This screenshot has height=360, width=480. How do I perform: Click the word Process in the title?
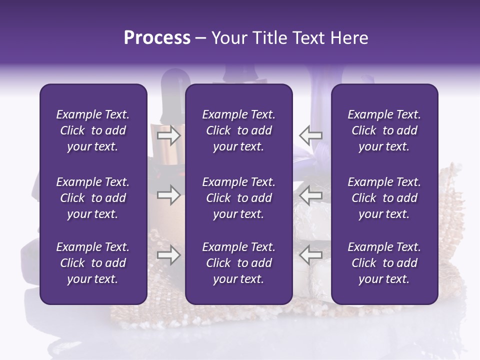[x=157, y=38]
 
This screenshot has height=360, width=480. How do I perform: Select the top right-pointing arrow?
[x=169, y=135]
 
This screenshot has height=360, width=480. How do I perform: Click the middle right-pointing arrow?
[x=169, y=195]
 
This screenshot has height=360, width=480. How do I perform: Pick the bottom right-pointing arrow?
[x=169, y=255]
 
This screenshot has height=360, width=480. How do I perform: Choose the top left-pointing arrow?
[x=311, y=135]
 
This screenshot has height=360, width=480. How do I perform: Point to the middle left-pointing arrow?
[x=311, y=195]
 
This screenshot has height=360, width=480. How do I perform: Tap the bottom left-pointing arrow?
[x=311, y=255]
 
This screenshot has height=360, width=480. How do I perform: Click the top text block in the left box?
[x=93, y=130]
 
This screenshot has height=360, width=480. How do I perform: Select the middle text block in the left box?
[x=93, y=198]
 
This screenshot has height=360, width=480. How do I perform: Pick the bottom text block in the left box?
[x=93, y=263]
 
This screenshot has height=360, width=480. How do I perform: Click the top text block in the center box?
[x=238, y=130]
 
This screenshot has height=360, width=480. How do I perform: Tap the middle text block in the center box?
[x=238, y=198]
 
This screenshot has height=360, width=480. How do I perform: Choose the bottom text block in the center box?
[x=238, y=263]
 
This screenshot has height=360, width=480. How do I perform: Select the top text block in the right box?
[x=384, y=130]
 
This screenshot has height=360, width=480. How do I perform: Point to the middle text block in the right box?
[x=384, y=198]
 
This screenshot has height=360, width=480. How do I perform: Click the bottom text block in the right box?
[x=384, y=263]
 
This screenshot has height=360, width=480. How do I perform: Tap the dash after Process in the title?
[x=200, y=38]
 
